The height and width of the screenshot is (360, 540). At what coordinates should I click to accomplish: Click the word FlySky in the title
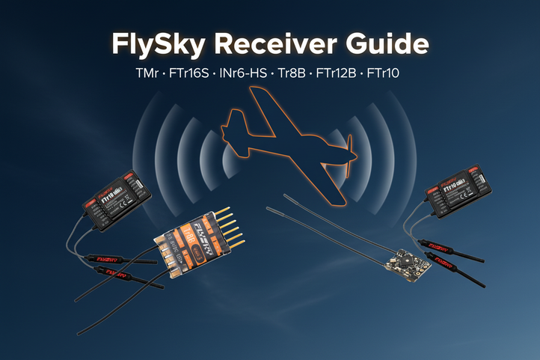(x=158, y=44)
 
